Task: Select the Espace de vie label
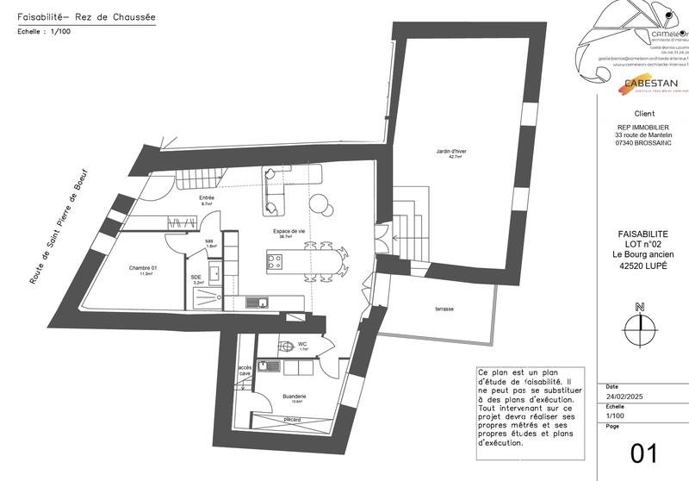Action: pos(289,232)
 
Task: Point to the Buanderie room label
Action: pos(295,397)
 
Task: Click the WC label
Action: pos(302,345)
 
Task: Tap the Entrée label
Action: pos(207,198)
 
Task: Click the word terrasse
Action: pos(444,309)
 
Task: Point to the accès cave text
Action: pos(245,371)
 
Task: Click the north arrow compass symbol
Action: pos(639,323)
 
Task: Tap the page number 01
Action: pos(644,453)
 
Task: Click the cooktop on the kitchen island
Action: pos(276,260)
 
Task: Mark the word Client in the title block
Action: pos(643,114)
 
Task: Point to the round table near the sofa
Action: pos(320,205)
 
